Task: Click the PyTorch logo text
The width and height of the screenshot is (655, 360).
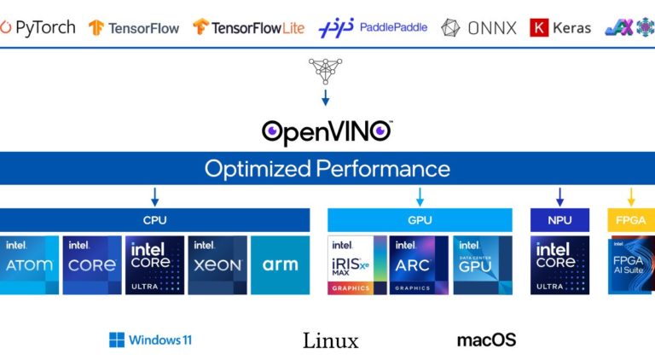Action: (x=44, y=27)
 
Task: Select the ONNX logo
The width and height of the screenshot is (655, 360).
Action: (x=479, y=28)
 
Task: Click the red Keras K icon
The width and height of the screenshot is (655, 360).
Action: (x=538, y=28)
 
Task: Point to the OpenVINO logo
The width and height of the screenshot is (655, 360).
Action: (x=327, y=131)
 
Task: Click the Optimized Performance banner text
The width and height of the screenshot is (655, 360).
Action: (x=327, y=168)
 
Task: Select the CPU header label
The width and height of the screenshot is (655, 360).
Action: (x=154, y=220)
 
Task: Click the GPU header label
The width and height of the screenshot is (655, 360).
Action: (x=420, y=220)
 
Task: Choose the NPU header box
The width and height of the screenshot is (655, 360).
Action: (x=559, y=220)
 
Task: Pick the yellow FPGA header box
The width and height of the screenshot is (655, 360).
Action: (x=630, y=220)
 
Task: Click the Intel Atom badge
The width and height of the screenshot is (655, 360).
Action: (x=29, y=265)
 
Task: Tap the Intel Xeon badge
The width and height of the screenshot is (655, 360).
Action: (x=217, y=265)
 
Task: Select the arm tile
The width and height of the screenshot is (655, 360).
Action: (x=280, y=265)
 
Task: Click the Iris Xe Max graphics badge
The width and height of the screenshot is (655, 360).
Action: (x=357, y=265)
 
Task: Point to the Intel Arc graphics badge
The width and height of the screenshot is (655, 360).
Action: (x=419, y=265)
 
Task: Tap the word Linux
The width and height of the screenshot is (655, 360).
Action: (x=330, y=341)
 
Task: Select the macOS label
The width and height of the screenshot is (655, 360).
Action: (x=486, y=340)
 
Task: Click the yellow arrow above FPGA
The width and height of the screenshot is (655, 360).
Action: (x=631, y=197)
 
